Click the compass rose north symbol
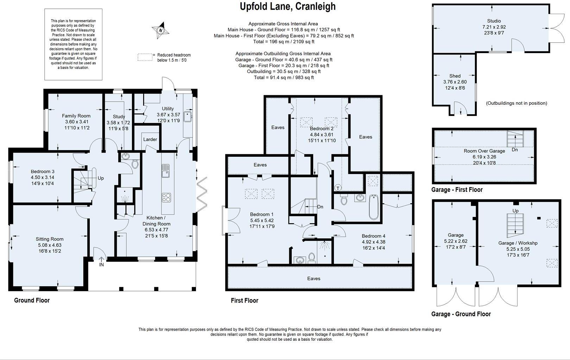tap(160, 30)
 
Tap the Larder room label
tap(150, 139)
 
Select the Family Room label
tap(76, 116)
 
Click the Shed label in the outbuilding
tap(455, 76)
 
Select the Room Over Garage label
tap(484, 151)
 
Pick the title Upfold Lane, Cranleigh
tap(287, 6)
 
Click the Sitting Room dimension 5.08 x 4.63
tap(49, 245)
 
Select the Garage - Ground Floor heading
tap(461, 314)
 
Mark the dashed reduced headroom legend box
tap(145, 57)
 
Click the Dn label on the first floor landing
tap(320, 207)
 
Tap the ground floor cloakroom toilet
tap(134, 164)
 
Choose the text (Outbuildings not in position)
tap(516, 103)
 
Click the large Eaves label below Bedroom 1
tap(313, 278)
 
